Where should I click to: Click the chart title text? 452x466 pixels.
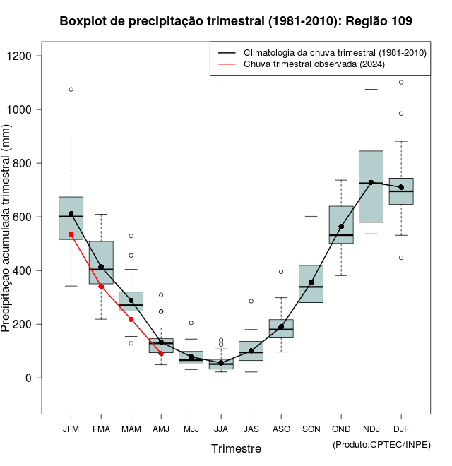pos(236,22)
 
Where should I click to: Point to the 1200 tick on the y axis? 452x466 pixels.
pos(28,56)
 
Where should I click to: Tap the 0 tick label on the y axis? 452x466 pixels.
pos(28,378)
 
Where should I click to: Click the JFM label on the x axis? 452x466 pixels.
pos(71,429)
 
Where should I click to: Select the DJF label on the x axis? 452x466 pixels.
pos(401,429)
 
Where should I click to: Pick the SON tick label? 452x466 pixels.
pos(311,429)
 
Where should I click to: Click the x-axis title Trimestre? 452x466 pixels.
pos(236,448)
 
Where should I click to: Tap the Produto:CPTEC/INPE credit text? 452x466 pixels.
pos(381,444)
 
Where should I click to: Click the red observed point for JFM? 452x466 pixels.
pos(71,234)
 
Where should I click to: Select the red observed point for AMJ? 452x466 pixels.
pos(161,353)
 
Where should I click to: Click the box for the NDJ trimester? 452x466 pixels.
pos(371,186)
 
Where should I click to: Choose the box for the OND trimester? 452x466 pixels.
pos(341,225)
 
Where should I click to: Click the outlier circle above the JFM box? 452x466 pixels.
pos(71,90)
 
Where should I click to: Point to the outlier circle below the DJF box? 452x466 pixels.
pos(401,258)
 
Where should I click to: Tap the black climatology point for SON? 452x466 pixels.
pos(311,282)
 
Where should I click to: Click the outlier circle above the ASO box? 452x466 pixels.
pos(281,272)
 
